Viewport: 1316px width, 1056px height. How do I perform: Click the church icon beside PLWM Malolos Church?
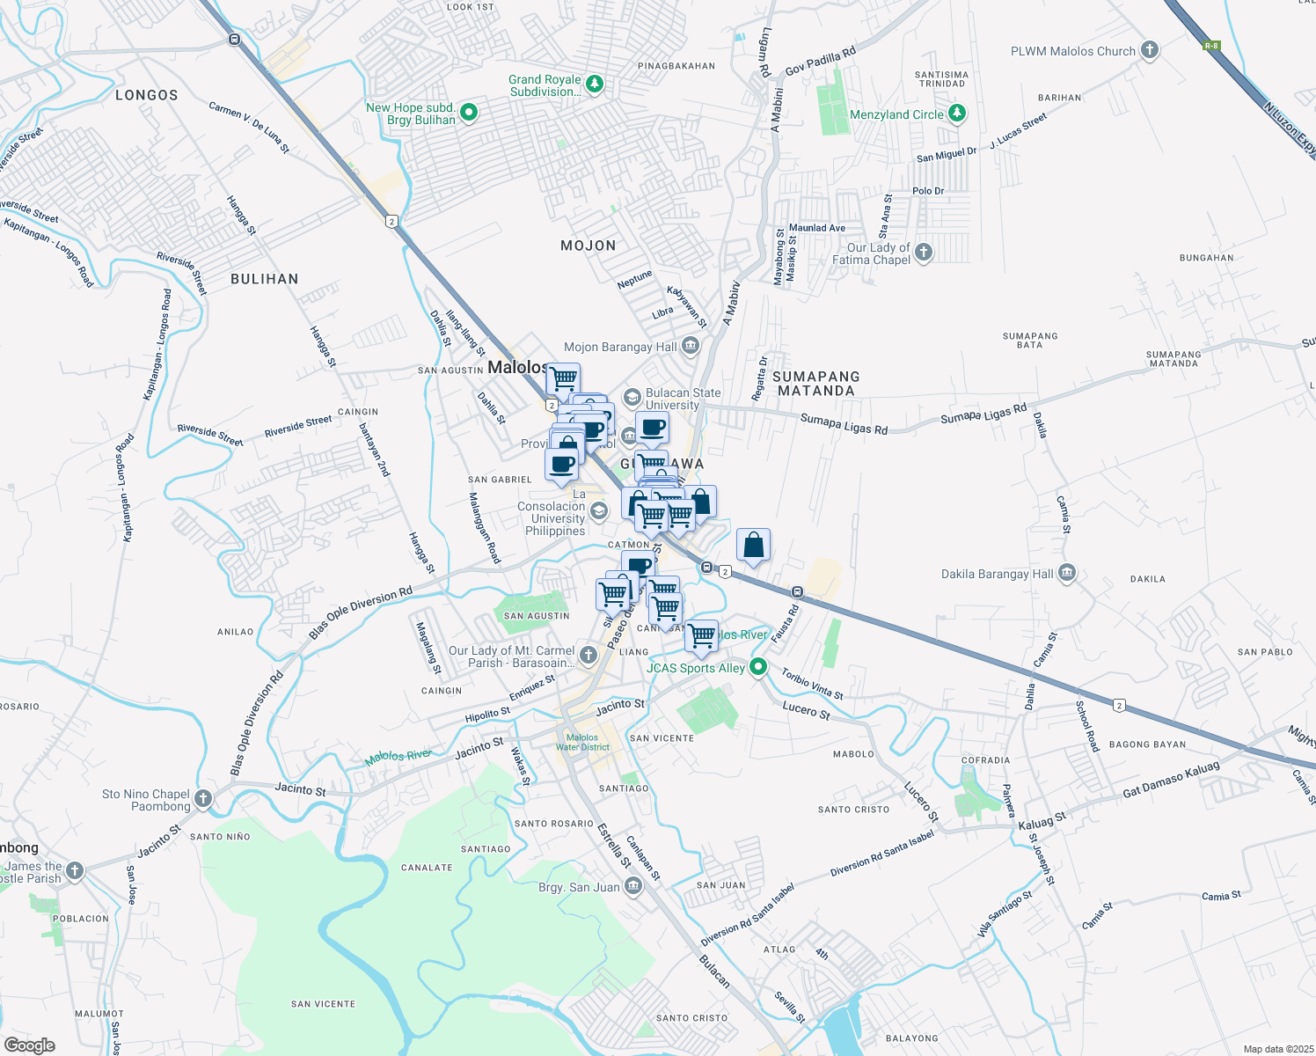pos(1150,50)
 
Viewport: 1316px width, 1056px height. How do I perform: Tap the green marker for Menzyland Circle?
pos(957,114)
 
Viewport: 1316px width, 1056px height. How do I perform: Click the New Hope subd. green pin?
pos(469,112)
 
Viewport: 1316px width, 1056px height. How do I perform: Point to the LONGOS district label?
pos(147,95)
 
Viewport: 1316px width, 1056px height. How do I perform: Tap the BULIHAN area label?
pos(264,279)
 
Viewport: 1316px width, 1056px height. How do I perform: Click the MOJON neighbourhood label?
pos(589,246)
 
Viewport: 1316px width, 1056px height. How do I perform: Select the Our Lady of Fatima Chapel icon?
pos(923,253)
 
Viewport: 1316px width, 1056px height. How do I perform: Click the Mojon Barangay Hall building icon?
pos(691,347)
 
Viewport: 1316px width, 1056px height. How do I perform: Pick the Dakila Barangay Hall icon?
pos(1067,574)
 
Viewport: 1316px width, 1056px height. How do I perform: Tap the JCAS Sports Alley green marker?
pos(758,667)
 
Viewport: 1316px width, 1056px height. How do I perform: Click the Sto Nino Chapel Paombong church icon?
pos(203,799)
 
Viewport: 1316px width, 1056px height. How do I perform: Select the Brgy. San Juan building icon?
pos(633,886)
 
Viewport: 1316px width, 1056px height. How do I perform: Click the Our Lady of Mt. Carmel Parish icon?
pos(589,656)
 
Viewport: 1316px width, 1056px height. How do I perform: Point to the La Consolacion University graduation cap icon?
pos(598,511)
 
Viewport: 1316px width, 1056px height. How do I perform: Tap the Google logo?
pos(29,1045)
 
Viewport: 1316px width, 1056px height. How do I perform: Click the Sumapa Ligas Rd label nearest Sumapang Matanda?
pos(844,424)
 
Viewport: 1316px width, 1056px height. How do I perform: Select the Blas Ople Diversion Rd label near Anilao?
pos(361,612)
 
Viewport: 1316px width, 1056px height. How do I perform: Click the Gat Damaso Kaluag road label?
pos(1171,780)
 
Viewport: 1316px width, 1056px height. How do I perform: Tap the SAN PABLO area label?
pos(1265,652)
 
